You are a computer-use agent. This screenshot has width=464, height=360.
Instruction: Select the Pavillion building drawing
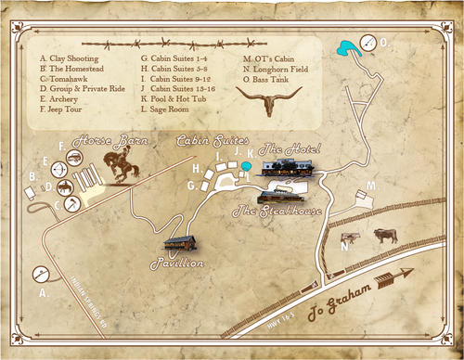[x=180, y=242]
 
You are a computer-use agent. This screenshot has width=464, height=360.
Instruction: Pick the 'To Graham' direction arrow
[x=403, y=276]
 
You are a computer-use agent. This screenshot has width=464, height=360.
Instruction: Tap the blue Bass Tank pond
[x=347, y=47]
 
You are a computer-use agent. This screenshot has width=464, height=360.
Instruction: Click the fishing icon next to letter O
[x=368, y=42]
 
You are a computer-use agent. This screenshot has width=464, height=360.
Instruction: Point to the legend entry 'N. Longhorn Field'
[x=275, y=68]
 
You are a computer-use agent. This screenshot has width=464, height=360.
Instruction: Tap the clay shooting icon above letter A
[x=40, y=274]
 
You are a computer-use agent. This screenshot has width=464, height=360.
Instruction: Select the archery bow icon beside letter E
[x=58, y=169]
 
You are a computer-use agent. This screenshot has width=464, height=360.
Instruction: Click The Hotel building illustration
[x=287, y=168]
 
